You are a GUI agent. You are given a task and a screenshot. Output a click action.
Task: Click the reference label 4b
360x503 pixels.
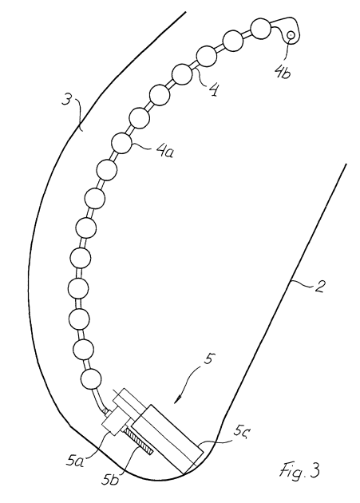(283, 73)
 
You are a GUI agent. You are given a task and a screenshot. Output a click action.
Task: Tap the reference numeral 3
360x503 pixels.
(66, 101)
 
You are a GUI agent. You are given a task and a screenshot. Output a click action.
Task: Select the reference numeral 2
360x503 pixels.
(318, 286)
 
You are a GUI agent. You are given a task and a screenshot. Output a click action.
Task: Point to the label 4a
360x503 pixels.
(164, 151)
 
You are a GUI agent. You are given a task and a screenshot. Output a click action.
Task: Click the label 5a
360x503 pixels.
(75, 461)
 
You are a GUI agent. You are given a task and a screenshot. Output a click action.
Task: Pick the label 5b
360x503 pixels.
(110, 478)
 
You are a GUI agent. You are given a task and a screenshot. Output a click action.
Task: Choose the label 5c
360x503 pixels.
(240, 432)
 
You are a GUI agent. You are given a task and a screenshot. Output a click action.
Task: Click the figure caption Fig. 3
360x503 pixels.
(299, 471)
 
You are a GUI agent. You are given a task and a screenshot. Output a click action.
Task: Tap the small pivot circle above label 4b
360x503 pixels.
(291, 34)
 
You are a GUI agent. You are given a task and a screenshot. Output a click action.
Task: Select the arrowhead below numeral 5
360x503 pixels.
(178, 399)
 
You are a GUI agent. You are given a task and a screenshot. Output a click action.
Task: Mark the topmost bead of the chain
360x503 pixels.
(260, 29)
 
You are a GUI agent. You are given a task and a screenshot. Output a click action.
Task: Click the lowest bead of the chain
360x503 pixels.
(92, 379)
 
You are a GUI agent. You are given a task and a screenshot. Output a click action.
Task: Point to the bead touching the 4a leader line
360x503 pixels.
(121, 143)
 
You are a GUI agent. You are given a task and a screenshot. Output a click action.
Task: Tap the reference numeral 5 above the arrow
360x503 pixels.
(208, 359)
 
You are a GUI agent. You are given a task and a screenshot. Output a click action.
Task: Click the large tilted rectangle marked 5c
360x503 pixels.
(168, 439)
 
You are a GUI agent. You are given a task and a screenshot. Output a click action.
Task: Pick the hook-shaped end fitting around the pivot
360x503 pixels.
(288, 29)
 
